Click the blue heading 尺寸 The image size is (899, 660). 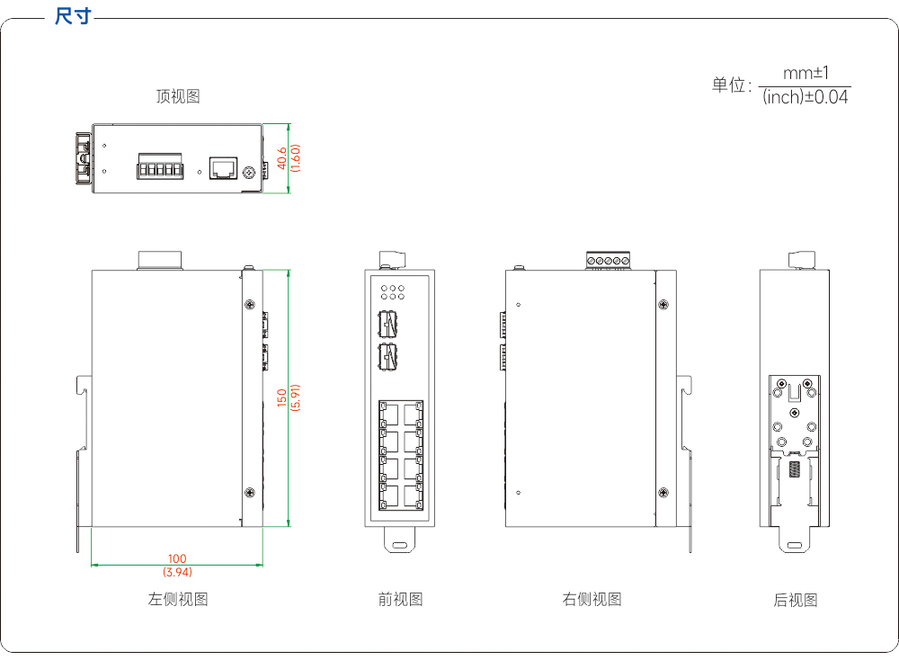(73, 15)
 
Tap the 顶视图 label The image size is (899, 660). (178, 95)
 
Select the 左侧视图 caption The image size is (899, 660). (178, 599)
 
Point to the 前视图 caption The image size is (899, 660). (400, 599)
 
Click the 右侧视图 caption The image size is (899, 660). (592, 599)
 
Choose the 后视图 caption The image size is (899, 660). (796, 600)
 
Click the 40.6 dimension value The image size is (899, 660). (281, 158)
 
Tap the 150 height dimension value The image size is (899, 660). (281, 397)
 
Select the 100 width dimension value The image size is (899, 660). (177, 558)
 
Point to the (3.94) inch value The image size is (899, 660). (177, 572)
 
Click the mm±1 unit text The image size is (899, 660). (806, 73)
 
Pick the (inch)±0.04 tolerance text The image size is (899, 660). (805, 97)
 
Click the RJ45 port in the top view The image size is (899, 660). (223, 168)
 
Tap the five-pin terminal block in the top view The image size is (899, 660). (160, 166)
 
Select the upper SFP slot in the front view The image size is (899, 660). (388, 324)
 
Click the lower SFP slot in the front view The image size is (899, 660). (388, 356)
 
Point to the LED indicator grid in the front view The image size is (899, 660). (393, 292)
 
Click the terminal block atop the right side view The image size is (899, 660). (608, 261)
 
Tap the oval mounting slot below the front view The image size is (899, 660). (400, 545)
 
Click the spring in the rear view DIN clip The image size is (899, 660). (794, 468)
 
